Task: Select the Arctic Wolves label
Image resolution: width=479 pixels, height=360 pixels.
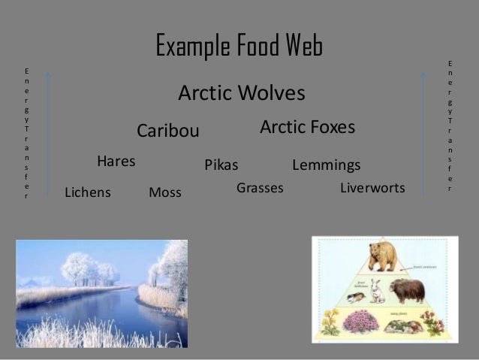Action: [x=241, y=94]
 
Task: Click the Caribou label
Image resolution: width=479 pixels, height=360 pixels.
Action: [x=167, y=132]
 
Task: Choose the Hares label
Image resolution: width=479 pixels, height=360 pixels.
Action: [x=116, y=161]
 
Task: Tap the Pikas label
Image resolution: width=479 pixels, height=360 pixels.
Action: [x=221, y=165]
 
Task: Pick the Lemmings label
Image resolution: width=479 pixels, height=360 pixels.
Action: [x=326, y=165]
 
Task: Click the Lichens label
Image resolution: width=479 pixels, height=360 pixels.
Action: [x=88, y=192]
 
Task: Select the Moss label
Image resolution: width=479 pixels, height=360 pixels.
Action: [x=165, y=192]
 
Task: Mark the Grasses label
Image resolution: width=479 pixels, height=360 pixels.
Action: [x=260, y=188]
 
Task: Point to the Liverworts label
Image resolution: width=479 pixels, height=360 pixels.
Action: [x=372, y=187]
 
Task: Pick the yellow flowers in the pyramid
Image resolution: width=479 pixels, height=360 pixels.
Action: [x=330, y=323]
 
